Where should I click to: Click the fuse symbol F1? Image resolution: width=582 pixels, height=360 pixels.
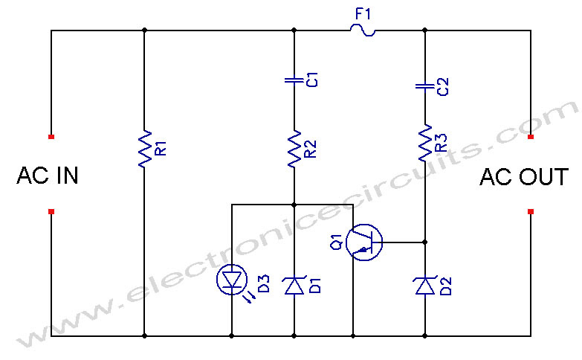(363, 30)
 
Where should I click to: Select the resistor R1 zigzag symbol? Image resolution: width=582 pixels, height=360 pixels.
(145, 149)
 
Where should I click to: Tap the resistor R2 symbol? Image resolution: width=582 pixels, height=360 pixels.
(294, 149)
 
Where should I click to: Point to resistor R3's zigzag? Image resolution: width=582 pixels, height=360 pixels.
(425, 143)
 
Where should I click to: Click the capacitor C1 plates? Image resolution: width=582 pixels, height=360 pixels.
(294, 80)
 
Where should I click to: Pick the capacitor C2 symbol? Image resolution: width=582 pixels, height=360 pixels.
(425, 86)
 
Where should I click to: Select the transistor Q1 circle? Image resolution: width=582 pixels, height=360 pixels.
(364, 242)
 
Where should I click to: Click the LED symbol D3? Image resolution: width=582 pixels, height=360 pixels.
(232, 280)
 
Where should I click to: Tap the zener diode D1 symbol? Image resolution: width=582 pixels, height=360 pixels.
(294, 286)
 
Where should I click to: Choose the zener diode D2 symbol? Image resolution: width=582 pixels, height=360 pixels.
(425, 286)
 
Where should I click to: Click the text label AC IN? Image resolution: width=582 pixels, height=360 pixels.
(48, 176)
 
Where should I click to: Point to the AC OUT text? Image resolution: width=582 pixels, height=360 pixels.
(524, 177)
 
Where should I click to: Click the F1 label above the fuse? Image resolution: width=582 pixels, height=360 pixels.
(363, 14)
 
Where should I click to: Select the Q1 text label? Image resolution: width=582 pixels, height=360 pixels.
(337, 242)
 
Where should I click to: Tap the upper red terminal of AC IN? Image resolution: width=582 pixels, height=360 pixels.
(51, 137)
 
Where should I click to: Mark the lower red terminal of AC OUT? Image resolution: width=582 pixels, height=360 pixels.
(531, 212)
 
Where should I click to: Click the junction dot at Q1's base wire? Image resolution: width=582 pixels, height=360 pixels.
(425, 242)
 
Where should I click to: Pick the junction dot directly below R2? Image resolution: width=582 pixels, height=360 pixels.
(294, 205)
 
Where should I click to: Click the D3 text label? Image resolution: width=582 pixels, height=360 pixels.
(263, 284)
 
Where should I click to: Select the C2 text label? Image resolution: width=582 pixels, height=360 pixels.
(443, 86)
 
